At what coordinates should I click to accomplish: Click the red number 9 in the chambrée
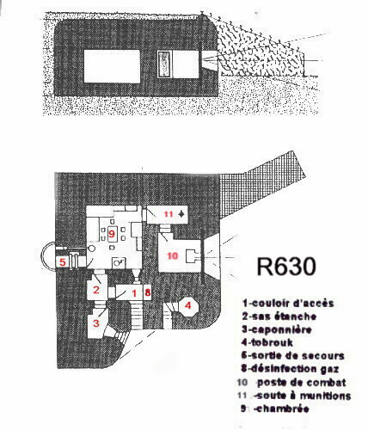[x=111, y=234]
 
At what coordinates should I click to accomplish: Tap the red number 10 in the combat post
[x=172, y=255]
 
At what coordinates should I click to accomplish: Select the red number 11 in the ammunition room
[x=169, y=214]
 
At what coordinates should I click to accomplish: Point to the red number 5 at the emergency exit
[x=63, y=262]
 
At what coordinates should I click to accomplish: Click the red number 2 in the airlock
[x=96, y=290]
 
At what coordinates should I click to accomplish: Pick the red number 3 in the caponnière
[x=96, y=323]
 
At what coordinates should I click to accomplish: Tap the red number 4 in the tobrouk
[x=187, y=305]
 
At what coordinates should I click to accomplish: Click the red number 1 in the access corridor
[x=134, y=293]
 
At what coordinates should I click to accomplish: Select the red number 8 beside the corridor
[x=147, y=292]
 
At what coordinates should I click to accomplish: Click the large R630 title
[x=286, y=267]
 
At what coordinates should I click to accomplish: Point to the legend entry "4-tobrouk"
[x=267, y=342]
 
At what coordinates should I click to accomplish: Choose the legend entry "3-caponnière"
[x=276, y=329]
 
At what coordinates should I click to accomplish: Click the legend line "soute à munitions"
[x=304, y=396]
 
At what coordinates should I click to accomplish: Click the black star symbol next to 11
[x=181, y=214]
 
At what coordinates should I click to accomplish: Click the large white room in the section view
[x=112, y=66]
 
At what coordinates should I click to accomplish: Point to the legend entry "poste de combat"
[x=301, y=383]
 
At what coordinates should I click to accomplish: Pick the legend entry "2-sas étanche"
[x=279, y=316]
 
